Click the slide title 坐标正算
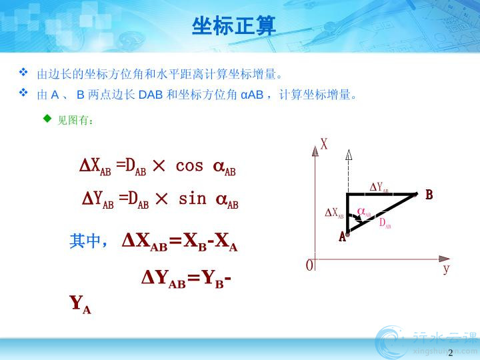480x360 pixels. click(x=234, y=26)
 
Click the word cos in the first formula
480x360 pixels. click(x=189, y=166)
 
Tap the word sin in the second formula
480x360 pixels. click(x=192, y=199)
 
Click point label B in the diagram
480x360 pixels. click(x=429, y=195)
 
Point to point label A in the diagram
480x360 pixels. click(x=342, y=237)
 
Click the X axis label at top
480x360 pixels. click(x=324, y=144)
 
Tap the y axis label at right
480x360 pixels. click(x=446, y=269)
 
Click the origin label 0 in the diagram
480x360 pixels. click(x=309, y=265)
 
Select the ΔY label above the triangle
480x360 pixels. click(x=379, y=187)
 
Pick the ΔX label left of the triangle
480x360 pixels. click(x=334, y=213)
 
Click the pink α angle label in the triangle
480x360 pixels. click(x=364, y=212)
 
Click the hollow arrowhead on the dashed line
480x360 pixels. click(x=349, y=155)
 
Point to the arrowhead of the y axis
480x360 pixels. click(x=444, y=259)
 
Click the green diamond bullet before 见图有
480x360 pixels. click(x=47, y=118)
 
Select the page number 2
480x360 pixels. click(x=450, y=353)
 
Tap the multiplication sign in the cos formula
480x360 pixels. click(x=159, y=166)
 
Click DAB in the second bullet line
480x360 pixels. click(x=150, y=95)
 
